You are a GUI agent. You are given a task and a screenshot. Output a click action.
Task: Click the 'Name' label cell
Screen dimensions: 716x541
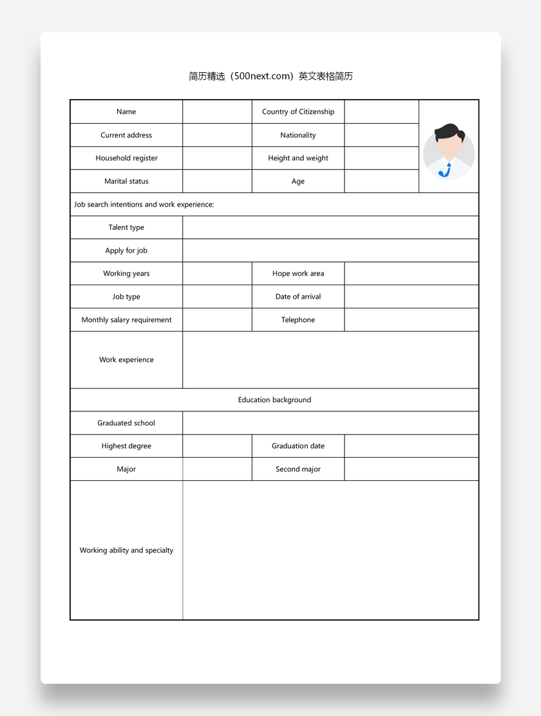(x=126, y=112)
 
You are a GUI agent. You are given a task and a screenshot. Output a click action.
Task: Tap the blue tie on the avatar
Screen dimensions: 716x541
(x=446, y=171)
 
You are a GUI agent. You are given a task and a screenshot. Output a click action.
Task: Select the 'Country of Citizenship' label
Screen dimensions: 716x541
(x=298, y=112)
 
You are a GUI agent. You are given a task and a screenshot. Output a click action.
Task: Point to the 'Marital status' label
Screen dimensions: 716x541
(x=126, y=182)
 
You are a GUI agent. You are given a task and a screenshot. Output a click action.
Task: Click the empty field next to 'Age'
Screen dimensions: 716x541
(x=381, y=182)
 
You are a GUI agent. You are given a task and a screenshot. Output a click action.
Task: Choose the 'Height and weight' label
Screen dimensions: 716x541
(x=298, y=158)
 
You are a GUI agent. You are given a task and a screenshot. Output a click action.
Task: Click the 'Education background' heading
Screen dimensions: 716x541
(x=274, y=400)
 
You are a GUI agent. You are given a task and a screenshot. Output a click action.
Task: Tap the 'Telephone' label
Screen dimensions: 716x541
(x=298, y=320)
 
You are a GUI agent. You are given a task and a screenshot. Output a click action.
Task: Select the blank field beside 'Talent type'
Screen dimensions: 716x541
(x=330, y=227)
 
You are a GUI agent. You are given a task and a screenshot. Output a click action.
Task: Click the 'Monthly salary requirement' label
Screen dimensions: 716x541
(x=126, y=320)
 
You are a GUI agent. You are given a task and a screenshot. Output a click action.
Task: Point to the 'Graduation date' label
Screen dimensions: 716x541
(x=298, y=446)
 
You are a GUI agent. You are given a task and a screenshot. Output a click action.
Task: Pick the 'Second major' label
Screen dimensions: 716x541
(x=298, y=469)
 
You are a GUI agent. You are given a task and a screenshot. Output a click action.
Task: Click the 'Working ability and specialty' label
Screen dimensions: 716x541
(x=126, y=551)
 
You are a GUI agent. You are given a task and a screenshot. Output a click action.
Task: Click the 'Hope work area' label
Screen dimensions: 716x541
(x=298, y=274)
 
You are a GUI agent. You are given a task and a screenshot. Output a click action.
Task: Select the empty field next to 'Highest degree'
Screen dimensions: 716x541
(x=217, y=446)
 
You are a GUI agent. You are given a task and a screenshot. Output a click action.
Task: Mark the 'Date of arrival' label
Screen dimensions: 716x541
(x=298, y=297)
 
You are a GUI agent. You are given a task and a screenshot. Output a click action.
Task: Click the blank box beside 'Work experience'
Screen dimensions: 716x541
(x=330, y=360)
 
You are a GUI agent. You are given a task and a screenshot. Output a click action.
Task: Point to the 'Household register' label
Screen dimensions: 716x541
(x=126, y=158)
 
